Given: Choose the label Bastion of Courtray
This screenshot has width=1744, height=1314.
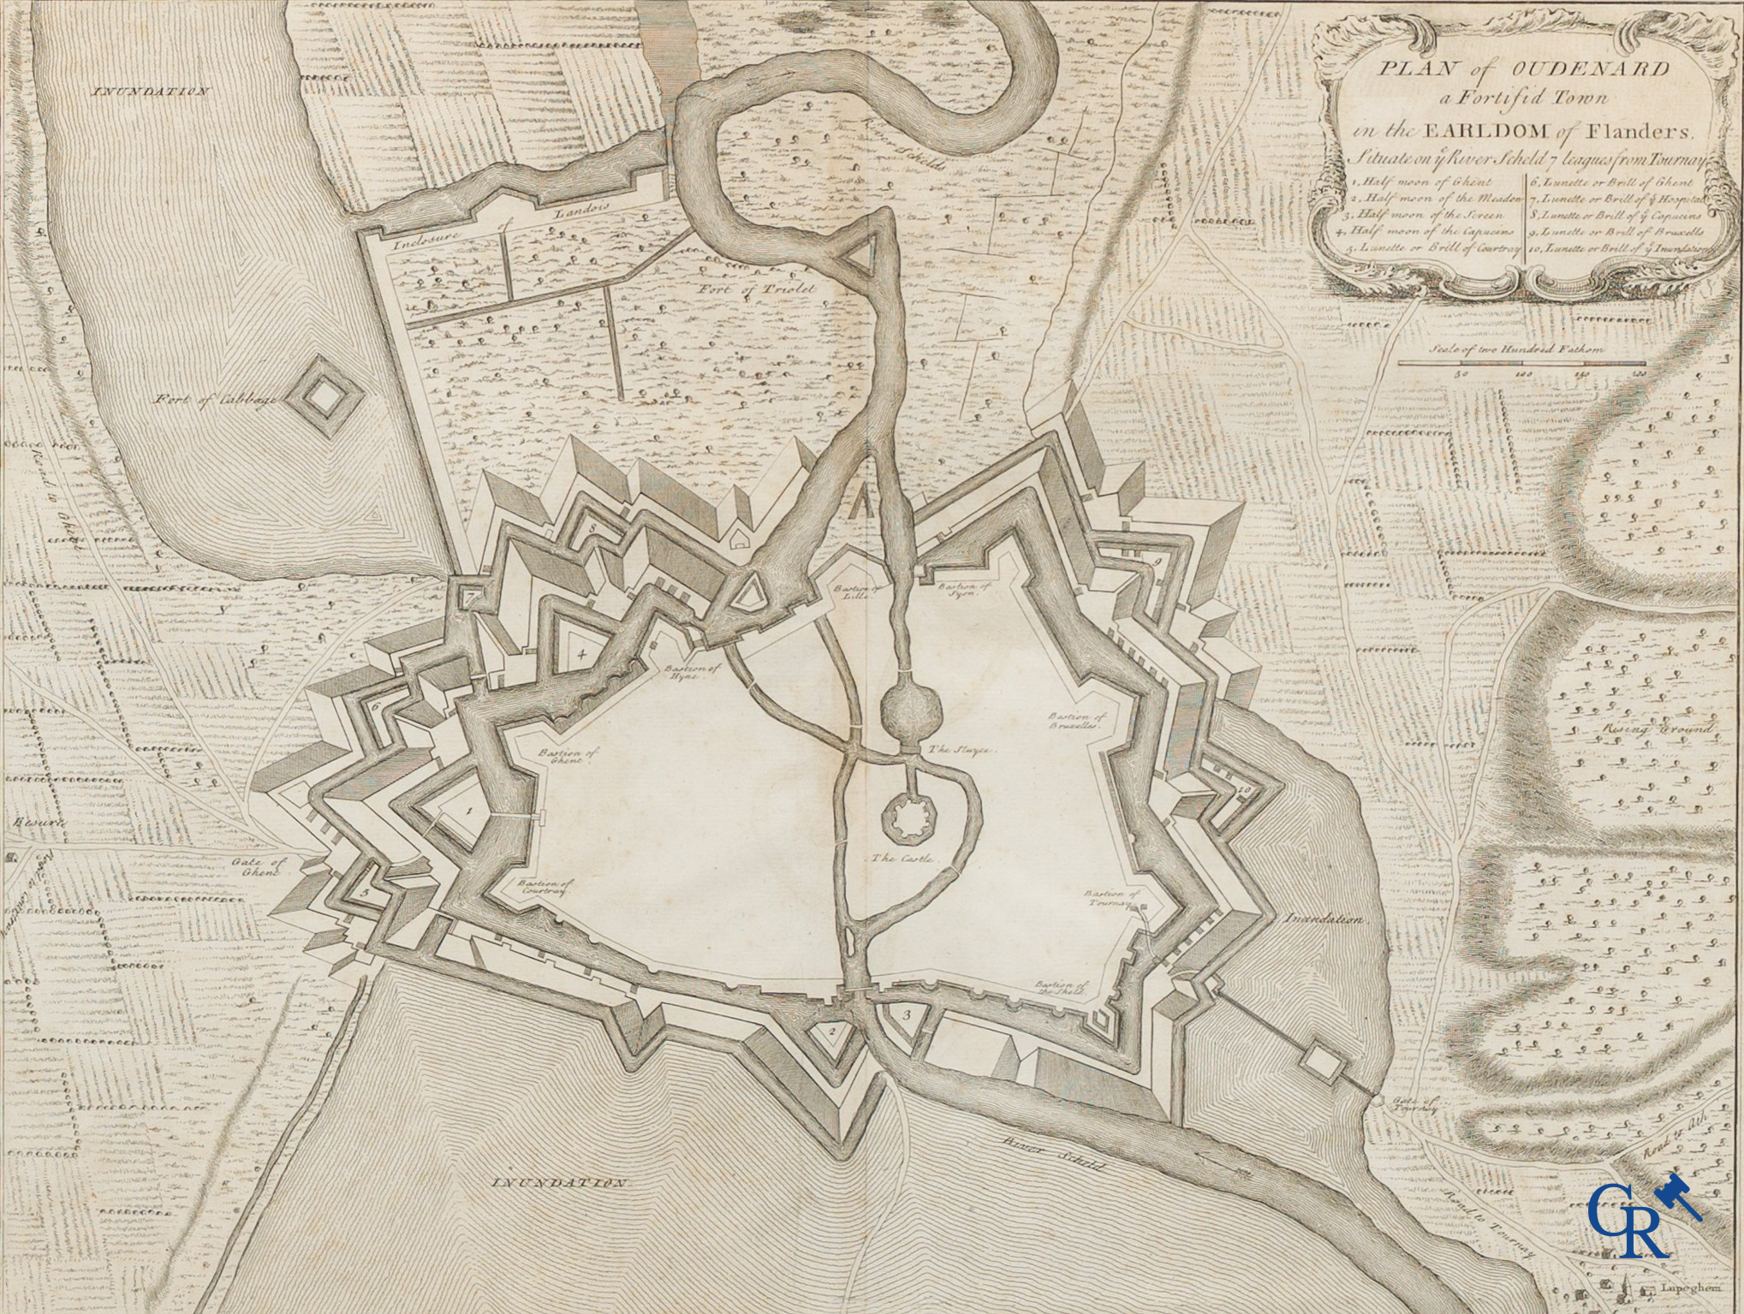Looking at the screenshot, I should (x=543, y=886).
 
